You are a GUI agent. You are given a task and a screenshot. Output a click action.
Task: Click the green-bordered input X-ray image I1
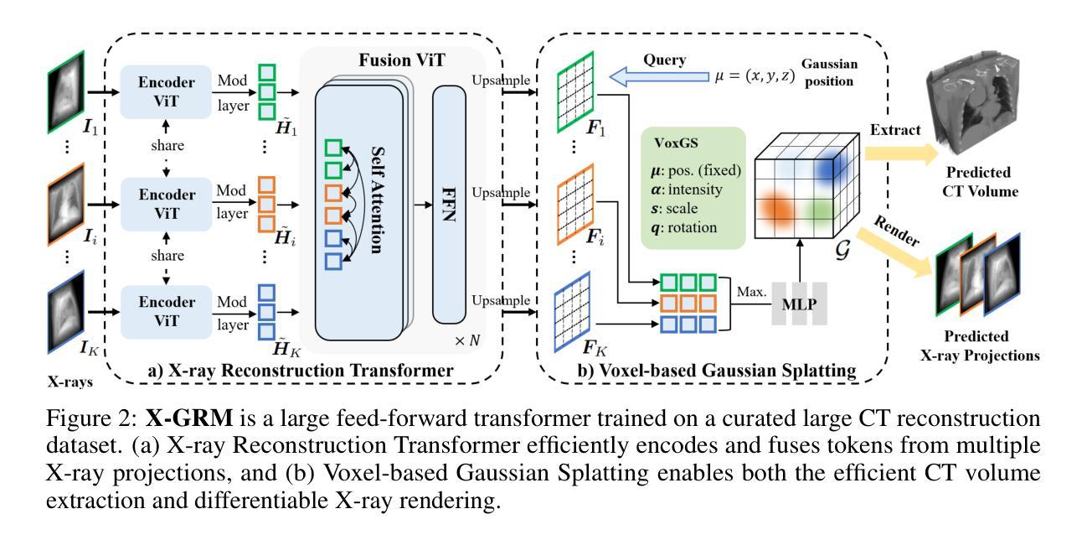(x=66, y=91)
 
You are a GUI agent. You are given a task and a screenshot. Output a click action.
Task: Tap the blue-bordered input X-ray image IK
(x=66, y=312)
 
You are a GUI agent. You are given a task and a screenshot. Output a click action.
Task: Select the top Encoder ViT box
(x=166, y=92)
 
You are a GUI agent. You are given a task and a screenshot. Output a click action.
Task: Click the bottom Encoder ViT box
(x=166, y=312)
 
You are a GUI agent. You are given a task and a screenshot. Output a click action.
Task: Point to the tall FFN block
(x=449, y=204)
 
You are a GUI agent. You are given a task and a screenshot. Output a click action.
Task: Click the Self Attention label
(x=378, y=200)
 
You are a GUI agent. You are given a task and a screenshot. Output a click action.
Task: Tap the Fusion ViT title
(x=402, y=60)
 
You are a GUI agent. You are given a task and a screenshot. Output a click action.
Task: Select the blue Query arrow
(x=659, y=77)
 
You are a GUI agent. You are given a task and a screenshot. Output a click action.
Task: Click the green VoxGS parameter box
(x=693, y=188)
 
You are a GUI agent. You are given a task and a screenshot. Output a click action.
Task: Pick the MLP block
(x=799, y=304)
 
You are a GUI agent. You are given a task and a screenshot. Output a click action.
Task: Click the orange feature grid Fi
(x=575, y=204)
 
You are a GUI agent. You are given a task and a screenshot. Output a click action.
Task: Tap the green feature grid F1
(x=575, y=92)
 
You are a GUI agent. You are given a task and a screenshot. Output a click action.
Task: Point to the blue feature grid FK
(x=573, y=312)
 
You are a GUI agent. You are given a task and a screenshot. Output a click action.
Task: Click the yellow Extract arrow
(x=901, y=153)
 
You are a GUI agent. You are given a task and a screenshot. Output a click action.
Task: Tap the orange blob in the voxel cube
(x=776, y=209)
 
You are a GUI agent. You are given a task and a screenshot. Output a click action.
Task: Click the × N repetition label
(x=467, y=340)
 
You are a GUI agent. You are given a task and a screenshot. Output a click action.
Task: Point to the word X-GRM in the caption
(x=189, y=418)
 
